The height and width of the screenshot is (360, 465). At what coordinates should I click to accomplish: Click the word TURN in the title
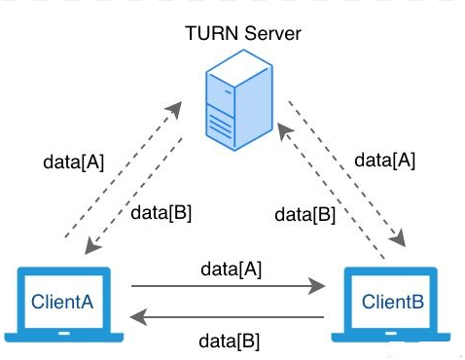[206, 34]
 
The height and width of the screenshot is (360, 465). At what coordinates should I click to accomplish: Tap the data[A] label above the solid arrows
[230, 266]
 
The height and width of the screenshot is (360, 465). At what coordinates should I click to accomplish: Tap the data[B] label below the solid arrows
[230, 341]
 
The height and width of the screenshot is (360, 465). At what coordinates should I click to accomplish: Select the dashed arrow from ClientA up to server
[121, 166]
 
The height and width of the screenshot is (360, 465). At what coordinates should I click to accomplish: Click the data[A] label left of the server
[75, 161]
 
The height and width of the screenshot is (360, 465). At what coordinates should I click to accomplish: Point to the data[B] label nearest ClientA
[159, 213]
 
